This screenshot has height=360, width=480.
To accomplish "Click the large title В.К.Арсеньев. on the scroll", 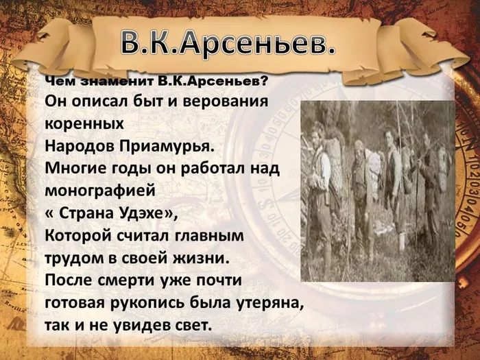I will [228, 43].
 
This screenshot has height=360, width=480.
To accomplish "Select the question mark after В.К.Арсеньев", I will [263, 82].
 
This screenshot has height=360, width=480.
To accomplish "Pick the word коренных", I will [84, 124].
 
